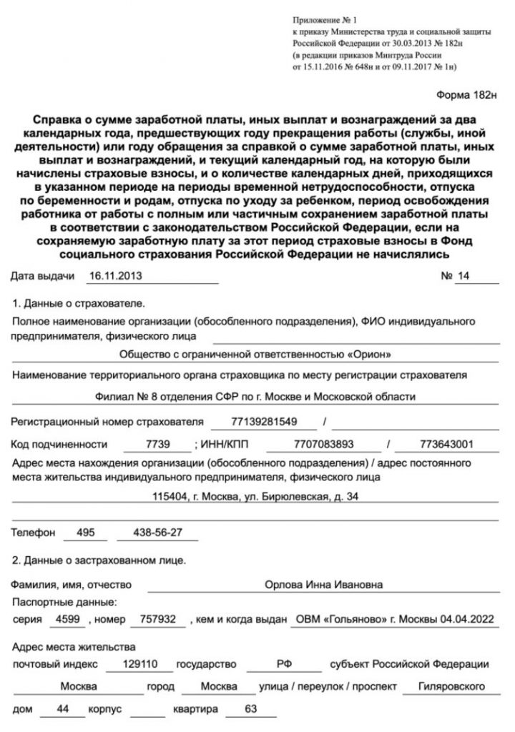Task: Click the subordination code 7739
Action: click(157, 444)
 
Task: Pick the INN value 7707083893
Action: click(324, 444)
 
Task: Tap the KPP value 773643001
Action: click(447, 444)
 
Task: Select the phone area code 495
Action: click(84, 533)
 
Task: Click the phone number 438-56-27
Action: click(157, 533)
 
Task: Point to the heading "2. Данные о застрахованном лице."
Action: click(99, 560)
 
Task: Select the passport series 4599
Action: click(72, 619)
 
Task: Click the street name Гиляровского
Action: click(443, 687)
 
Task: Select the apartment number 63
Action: click(250, 712)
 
